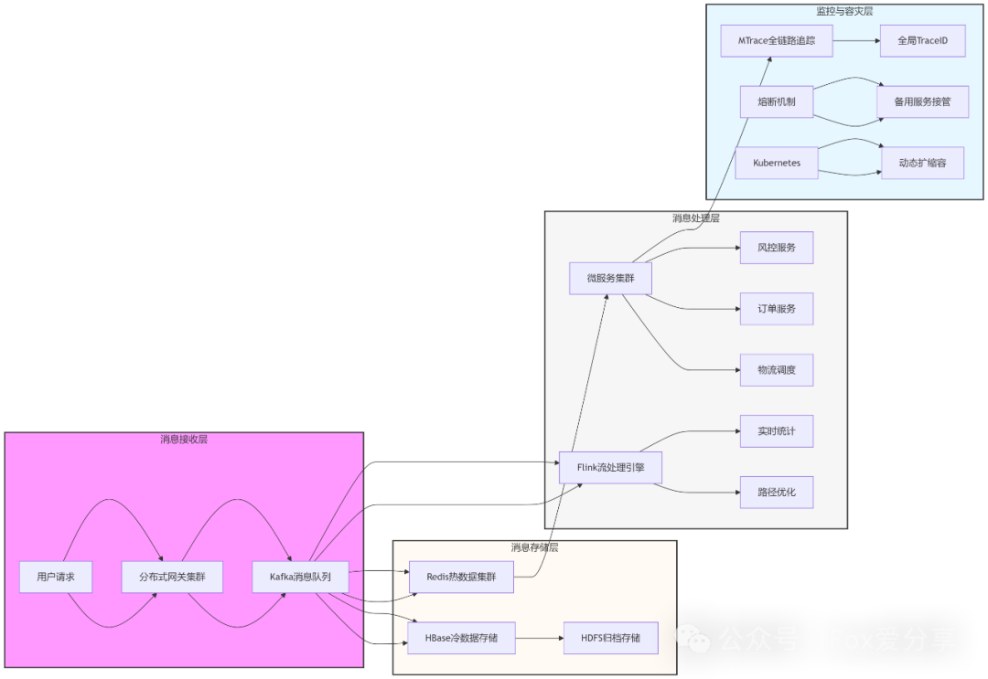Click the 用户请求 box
pos(56,577)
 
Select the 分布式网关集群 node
pos(172,577)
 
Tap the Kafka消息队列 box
pos(300,577)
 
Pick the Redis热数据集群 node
pos(460,576)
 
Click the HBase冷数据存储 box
pos(461,638)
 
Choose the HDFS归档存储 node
pos(610,638)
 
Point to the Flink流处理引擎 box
pos(610,467)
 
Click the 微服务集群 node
pos(610,278)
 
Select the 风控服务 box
pos(776,248)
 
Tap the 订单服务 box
pos(776,309)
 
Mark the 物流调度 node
pos(776,370)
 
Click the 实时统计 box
pos(776,431)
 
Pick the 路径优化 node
pos(776,492)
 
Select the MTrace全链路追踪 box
pos(777,41)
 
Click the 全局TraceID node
pos(922,41)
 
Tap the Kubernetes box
pos(777,163)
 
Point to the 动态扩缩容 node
pos(922,163)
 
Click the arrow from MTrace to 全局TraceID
pos(856,41)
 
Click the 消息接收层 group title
pos(184,440)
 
